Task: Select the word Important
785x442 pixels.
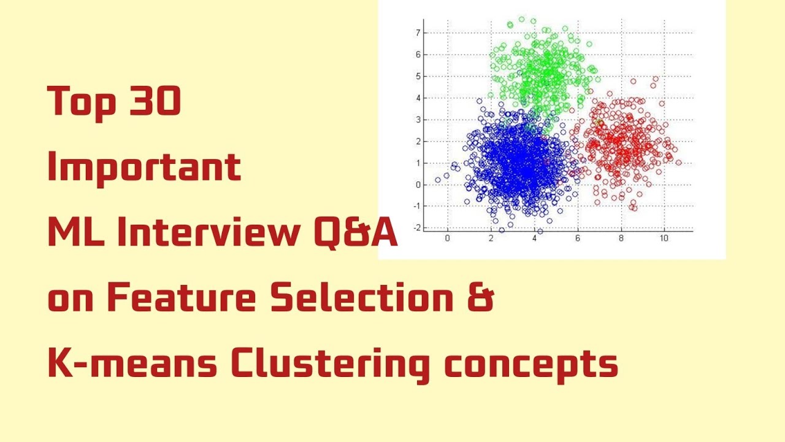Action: [x=144, y=168]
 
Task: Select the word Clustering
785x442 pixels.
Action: [x=329, y=365]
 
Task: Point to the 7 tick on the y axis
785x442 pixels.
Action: [x=418, y=33]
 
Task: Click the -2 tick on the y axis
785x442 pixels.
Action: [x=416, y=228]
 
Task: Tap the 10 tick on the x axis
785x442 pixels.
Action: [x=664, y=238]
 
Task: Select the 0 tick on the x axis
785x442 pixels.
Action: [x=447, y=238]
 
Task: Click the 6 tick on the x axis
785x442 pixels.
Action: [x=578, y=238]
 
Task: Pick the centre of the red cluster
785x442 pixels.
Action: [x=622, y=144]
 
